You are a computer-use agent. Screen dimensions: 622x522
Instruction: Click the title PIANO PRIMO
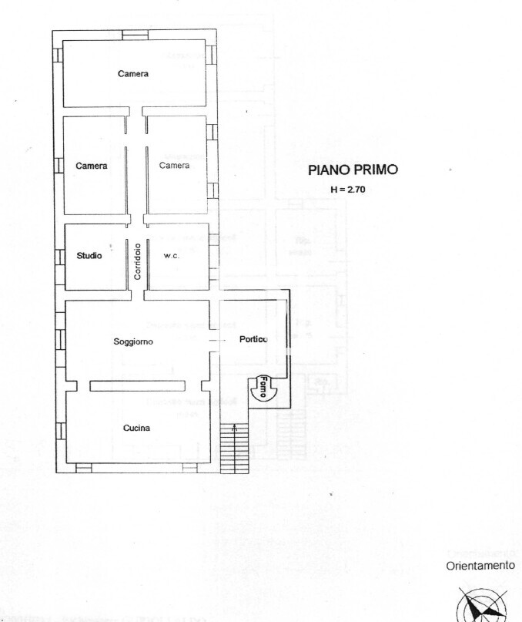tap(353, 170)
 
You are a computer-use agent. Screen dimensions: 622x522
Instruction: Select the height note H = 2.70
tap(347, 189)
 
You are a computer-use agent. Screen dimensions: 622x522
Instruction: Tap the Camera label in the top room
tap(133, 74)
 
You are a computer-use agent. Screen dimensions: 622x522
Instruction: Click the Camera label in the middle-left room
tap(92, 166)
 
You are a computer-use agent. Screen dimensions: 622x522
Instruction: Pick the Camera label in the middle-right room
tap(175, 166)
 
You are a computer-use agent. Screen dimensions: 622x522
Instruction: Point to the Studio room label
tap(89, 256)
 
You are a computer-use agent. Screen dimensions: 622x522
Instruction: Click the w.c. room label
tap(171, 256)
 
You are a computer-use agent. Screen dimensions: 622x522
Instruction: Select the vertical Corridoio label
tap(137, 261)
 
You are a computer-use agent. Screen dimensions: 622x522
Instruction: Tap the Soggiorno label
tap(133, 341)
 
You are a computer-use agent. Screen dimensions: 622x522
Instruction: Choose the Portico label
tap(253, 339)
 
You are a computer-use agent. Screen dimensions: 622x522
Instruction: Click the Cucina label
tap(136, 428)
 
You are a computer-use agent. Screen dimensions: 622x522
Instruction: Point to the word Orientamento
tap(480, 565)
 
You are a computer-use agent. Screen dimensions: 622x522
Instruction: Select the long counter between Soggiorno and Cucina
tap(137, 386)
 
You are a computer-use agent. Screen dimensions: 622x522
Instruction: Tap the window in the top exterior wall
tap(136, 35)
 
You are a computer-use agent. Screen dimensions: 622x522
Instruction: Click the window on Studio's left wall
tap(59, 256)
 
